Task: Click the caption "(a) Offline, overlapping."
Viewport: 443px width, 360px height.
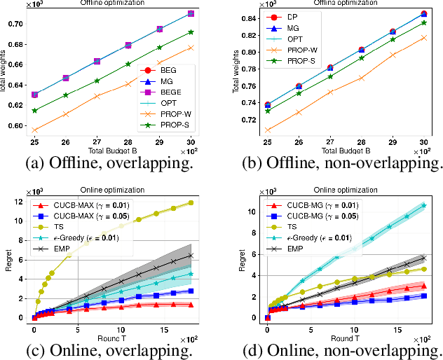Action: (107, 164)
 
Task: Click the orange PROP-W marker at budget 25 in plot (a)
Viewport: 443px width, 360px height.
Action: (35, 130)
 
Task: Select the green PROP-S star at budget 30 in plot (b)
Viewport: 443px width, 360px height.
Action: (423, 22)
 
